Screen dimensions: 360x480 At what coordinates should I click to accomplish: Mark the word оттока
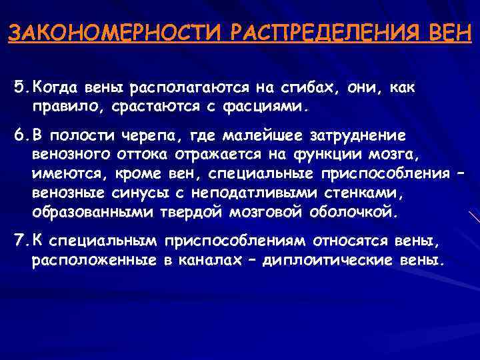pos(140,155)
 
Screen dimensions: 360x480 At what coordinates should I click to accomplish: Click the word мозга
pos(399,155)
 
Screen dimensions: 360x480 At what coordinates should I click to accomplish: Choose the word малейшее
pos(247,135)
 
